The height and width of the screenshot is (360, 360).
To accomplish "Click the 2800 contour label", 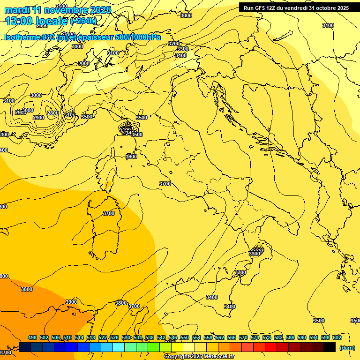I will tap(53, 113).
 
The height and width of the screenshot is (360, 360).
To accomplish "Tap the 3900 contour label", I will tap(71, 302).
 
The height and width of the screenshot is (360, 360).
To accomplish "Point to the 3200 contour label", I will tap(174, 44).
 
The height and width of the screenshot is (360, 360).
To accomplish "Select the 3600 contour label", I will tap(131, 157).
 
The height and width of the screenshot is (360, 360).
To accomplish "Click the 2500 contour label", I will tap(61, 6).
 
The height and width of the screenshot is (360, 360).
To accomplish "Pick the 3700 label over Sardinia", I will tap(108, 213).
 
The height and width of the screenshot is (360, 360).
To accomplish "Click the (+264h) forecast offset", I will tap(83, 21).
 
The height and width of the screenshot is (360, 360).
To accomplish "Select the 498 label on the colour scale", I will tap(32, 337).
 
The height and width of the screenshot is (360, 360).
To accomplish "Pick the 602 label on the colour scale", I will tap(337, 337).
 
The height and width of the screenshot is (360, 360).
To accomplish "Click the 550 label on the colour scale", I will tap(185, 337).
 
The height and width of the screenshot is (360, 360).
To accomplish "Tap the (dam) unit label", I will tap(347, 347).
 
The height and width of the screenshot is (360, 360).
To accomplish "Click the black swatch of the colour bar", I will tap(330, 347).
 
